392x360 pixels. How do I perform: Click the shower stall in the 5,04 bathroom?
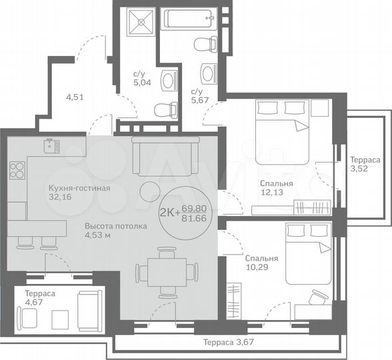(141, 21)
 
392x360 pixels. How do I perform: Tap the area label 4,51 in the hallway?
(75, 97)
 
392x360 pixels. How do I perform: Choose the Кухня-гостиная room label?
(79, 188)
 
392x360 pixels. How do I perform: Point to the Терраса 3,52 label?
(365, 165)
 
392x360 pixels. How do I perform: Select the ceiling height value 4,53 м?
(97, 235)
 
